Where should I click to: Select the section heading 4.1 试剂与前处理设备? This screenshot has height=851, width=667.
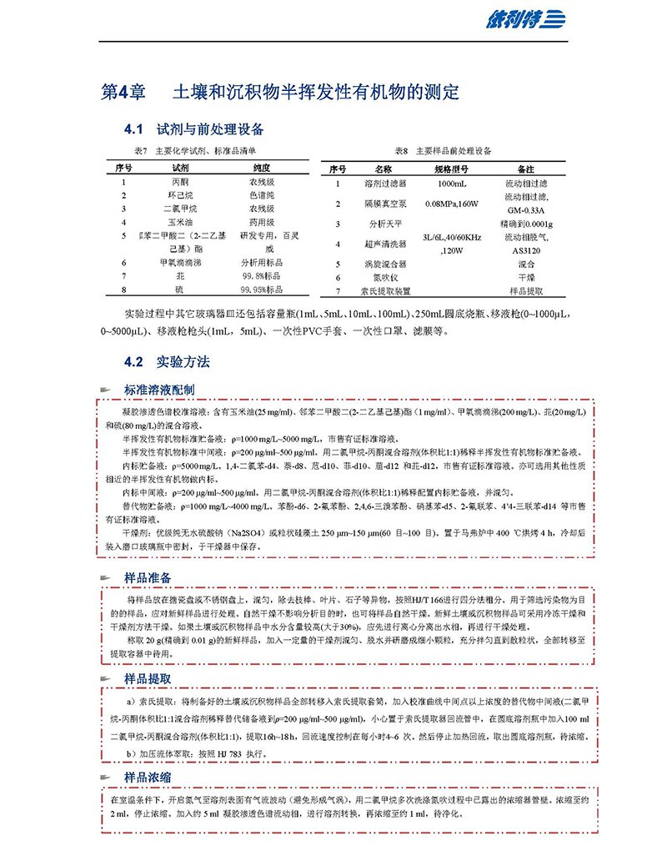193,129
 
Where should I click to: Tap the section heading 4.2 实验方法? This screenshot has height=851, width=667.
167,361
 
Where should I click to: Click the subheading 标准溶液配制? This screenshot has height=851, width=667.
160,390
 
